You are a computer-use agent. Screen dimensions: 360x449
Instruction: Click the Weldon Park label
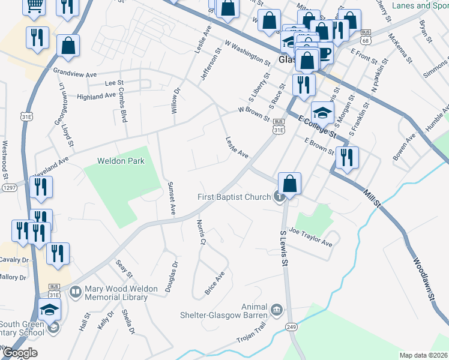click(118, 161)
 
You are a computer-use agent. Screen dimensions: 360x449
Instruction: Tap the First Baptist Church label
click(235, 197)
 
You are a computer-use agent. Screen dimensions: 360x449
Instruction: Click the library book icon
click(76, 292)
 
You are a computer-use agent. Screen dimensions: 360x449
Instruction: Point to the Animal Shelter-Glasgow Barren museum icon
click(276, 310)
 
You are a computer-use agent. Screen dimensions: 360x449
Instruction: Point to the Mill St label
click(372, 199)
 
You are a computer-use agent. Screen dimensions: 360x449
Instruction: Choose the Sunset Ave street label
click(172, 199)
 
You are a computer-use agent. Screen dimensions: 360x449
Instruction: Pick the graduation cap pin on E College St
click(322, 112)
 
